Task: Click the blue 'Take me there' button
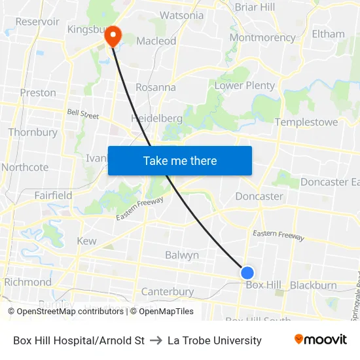180,160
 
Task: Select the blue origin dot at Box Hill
247,273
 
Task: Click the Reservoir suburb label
37,22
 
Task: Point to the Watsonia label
181,15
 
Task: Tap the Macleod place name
156,41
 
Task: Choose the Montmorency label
262,37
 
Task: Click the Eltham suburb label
328,34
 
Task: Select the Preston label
38,93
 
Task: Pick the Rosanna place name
155,87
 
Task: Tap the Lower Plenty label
245,85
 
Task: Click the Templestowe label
306,122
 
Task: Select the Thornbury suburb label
33,132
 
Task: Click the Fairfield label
53,195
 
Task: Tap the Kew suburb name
86,241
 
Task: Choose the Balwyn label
181,255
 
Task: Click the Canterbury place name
168,291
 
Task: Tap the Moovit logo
320,340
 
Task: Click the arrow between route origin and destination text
156,340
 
